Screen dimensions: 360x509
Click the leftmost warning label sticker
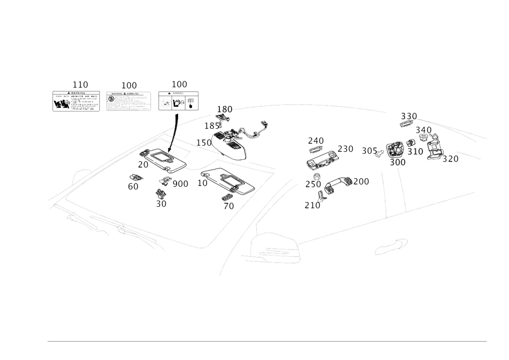click(76, 101)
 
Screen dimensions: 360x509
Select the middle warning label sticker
click(128, 101)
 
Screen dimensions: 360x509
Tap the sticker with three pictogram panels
click(178, 101)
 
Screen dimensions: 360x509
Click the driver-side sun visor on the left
click(161, 159)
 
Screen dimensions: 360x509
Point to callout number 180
click(224, 109)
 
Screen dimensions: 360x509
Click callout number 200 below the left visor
click(180, 183)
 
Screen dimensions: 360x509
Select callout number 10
click(203, 182)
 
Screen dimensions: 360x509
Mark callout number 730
click(347, 149)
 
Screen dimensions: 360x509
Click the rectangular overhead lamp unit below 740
click(322, 160)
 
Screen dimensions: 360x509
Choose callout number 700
click(362, 181)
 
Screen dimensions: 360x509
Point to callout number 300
click(397, 162)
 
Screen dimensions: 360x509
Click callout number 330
click(409, 115)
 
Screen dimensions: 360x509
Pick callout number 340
click(424, 131)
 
